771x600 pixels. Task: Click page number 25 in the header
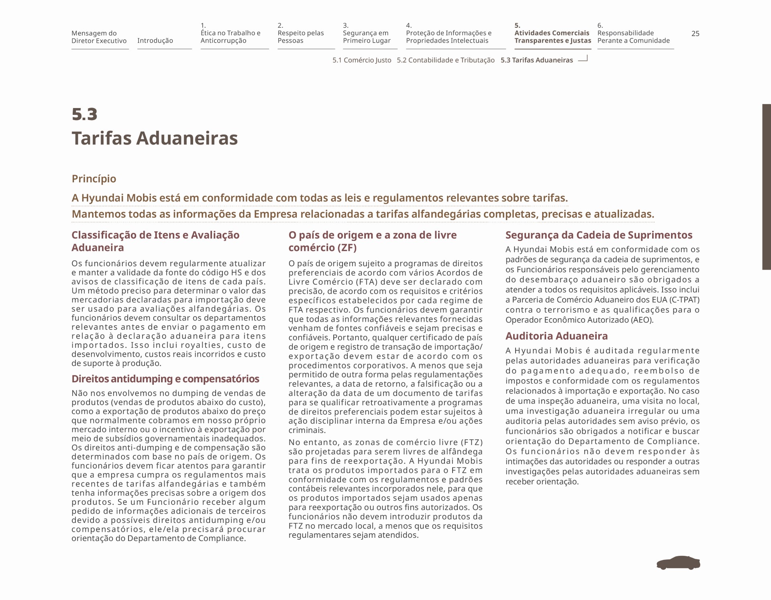point(695,34)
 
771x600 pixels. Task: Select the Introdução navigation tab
point(155,41)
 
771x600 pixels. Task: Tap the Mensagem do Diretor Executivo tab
point(99,37)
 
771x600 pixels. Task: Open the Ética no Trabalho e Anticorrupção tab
point(230,37)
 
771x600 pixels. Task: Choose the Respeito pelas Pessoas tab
point(300,37)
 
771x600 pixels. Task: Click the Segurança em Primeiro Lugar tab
point(366,37)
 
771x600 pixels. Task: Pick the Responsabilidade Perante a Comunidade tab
point(633,37)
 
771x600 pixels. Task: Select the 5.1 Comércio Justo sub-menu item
point(361,60)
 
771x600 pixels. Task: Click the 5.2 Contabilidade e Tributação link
point(446,60)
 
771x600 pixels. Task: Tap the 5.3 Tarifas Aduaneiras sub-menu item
point(536,60)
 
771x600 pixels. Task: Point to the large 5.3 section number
point(85,114)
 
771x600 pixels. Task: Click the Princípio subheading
point(94,179)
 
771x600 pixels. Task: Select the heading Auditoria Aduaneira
point(556,336)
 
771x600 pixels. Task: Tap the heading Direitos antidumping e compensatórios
point(165,379)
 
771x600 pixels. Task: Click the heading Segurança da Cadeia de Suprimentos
point(599,235)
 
